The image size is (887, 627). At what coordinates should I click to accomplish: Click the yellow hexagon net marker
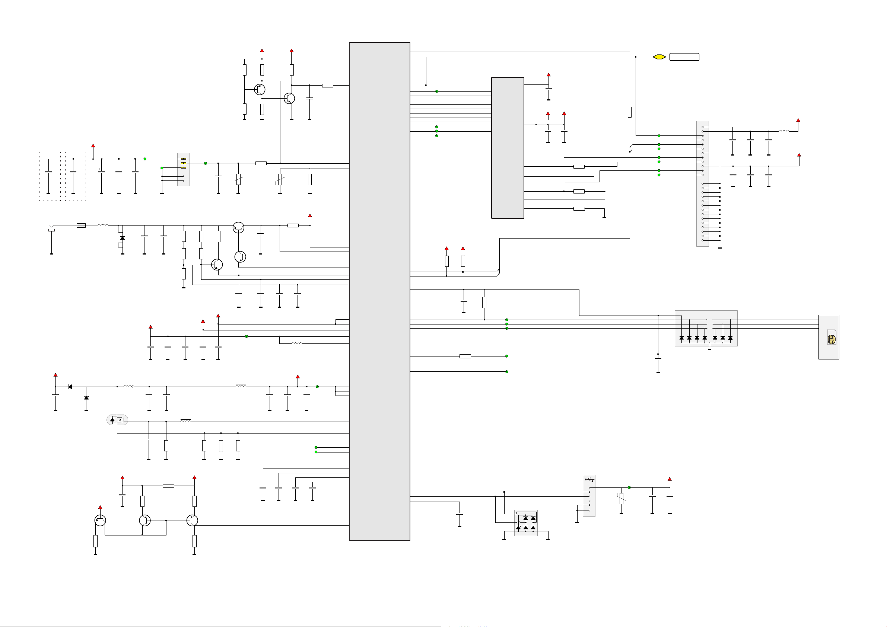(659, 57)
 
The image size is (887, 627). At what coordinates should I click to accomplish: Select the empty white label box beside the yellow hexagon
(684, 57)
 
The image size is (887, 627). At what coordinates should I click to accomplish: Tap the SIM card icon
(832, 338)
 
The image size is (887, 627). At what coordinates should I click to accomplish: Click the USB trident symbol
(589, 480)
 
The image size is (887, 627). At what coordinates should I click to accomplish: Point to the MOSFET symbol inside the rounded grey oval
(117, 420)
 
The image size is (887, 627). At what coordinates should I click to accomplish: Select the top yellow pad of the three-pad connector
(184, 159)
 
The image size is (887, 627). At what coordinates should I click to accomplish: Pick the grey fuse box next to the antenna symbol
(81, 225)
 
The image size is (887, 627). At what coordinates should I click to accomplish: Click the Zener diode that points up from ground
(86, 398)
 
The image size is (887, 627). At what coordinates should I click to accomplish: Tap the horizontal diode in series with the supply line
(70, 387)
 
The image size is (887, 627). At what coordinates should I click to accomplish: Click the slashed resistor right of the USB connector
(621, 498)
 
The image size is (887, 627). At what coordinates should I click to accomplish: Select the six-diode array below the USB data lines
(525, 523)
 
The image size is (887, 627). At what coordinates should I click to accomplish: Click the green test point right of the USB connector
(629, 487)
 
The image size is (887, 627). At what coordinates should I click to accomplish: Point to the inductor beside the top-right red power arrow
(783, 131)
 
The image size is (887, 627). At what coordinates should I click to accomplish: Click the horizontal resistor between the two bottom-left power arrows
(168, 486)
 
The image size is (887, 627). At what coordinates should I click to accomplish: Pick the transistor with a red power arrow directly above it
(100, 521)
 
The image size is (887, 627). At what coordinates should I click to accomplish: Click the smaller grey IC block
(507, 148)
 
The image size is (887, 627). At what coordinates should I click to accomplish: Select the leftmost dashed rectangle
(50, 176)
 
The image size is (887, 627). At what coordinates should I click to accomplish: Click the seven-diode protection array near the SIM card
(706, 329)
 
